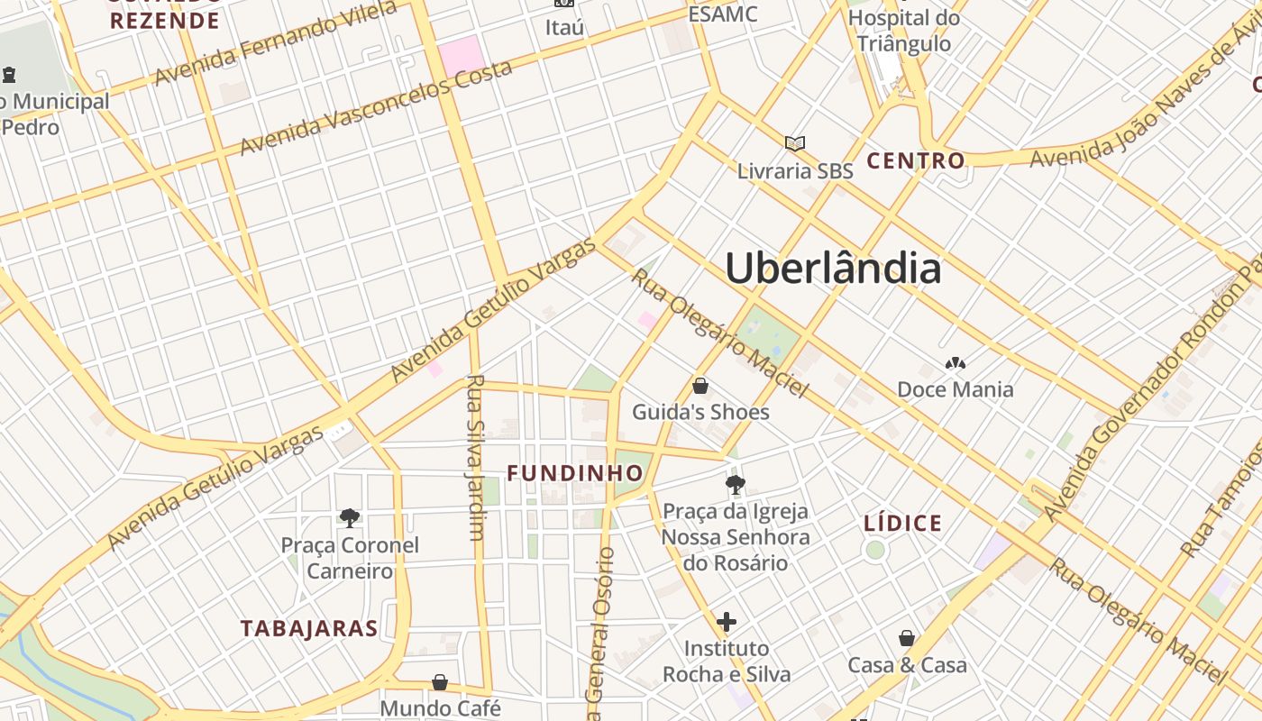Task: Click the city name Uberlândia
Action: click(x=833, y=269)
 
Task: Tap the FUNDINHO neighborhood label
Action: click(x=575, y=473)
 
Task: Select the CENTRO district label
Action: click(x=916, y=161)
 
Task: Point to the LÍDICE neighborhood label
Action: click(x=902, y=524)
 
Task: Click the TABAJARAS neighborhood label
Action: click(x=308, y=629)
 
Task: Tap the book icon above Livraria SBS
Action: click(x=794, y=143)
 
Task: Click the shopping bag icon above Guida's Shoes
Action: click(x=700, y=386)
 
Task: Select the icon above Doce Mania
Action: click(x=955, y=364)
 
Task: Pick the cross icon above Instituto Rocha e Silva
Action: click(x=727, y=622)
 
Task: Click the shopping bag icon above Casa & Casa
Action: click(x=907, y=638)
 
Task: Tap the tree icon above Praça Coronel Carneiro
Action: click(x=350, y=517)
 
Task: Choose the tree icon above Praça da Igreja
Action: click(x=736, y=484)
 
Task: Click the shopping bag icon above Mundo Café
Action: click(x=440, y=682)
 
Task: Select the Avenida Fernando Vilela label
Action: click(x=274, y=43)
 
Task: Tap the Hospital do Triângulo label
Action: click(x=904, y=31)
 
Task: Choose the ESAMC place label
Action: click(x=723, y=14)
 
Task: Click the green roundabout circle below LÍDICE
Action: click(x=875, y=550)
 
